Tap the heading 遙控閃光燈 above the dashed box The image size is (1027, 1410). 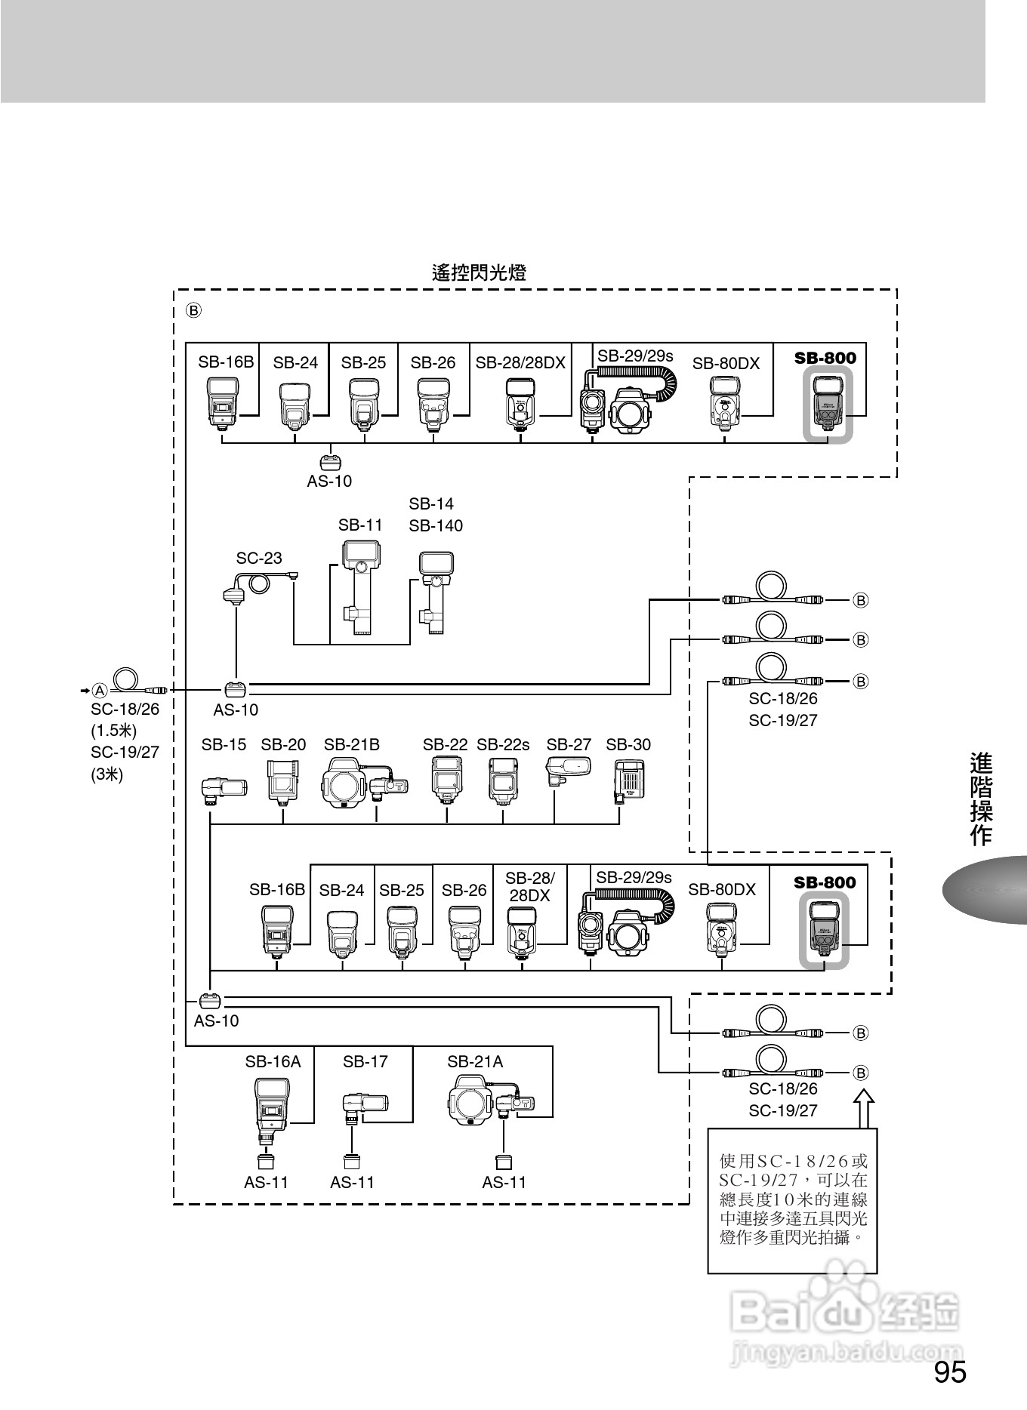479,272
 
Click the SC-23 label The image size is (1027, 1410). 259,558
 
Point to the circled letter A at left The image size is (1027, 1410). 100,690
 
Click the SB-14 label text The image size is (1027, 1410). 431,503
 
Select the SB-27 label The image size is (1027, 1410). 569,744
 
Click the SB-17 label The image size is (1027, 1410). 365,1061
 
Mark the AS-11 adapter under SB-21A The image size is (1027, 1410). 503,1162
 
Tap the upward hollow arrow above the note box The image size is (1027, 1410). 865,1107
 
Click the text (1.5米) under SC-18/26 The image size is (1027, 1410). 113,730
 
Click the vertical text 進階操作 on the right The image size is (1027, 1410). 981,799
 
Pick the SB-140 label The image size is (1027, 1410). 436,525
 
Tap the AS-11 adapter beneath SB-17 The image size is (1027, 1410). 352,1162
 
